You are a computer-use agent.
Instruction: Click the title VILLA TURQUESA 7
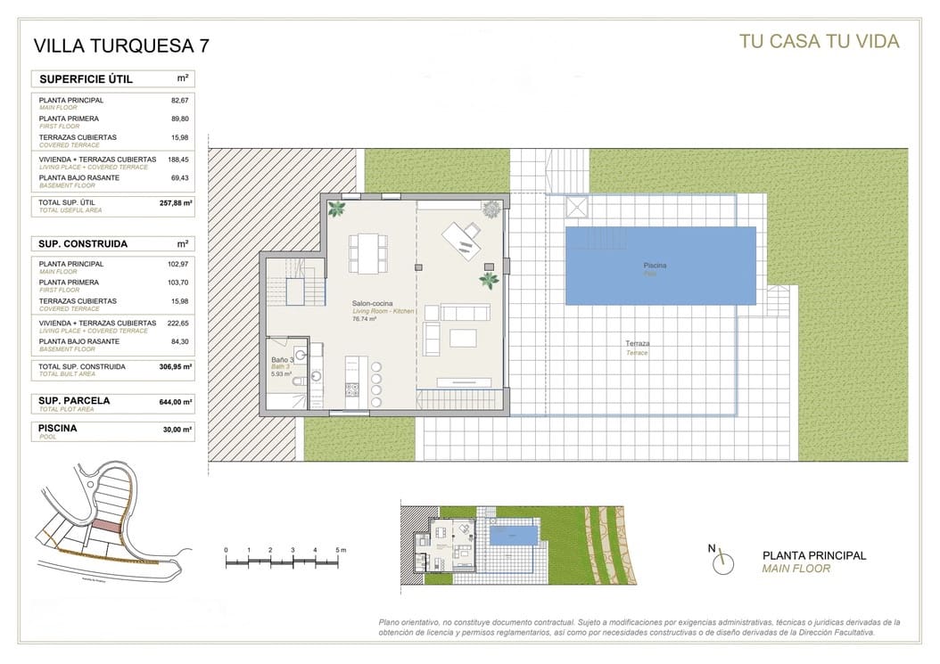pos(122,45)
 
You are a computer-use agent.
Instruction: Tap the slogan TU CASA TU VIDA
pos(819,41)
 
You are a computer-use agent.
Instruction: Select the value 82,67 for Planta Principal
pos(181,101)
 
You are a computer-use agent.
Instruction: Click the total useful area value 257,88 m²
pos(176,203)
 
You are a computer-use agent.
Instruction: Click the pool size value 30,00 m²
pos(176,429)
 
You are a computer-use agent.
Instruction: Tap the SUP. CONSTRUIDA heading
pos(83,243)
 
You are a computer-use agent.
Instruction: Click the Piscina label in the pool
pos(656,266)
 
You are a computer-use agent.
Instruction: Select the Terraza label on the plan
pos(637,343)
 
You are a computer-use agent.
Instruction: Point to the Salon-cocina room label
pos(372,304)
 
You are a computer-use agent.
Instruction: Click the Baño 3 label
pos(283,360)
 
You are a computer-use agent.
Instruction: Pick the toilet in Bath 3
pos(298,381)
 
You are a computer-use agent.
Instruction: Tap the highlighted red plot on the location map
pos(107,527)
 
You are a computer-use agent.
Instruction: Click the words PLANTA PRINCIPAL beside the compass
pos(813,555)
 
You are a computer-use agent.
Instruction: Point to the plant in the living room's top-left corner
pos(337,209)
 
